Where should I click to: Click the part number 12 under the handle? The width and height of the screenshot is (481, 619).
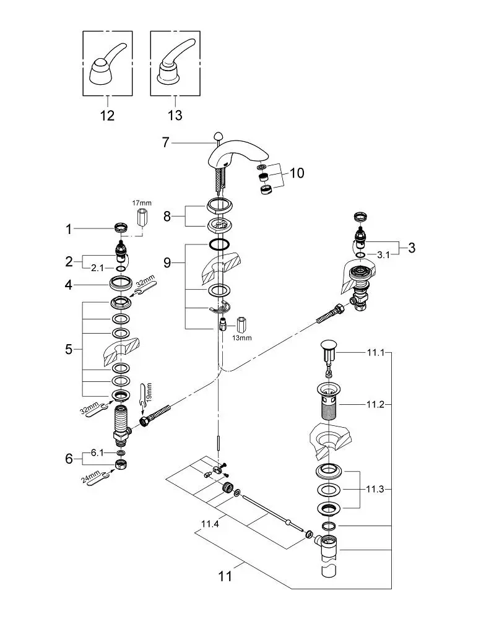click(x=107, y=115)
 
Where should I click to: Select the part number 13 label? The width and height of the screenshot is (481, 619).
click(x=175, y=115)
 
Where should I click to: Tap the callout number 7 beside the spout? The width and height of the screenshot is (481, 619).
click(x=166, y=142)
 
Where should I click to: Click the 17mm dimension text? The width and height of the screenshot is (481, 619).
click(x=142, y=203)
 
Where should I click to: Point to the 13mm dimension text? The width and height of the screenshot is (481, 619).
click(x=241, y=338)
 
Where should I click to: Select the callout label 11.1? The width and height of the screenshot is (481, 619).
click(x=376, y=352)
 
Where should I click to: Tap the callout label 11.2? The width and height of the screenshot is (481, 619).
click(x=375, y=405)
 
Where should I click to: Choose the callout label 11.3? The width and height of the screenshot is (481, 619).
click(x=375, y=490)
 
